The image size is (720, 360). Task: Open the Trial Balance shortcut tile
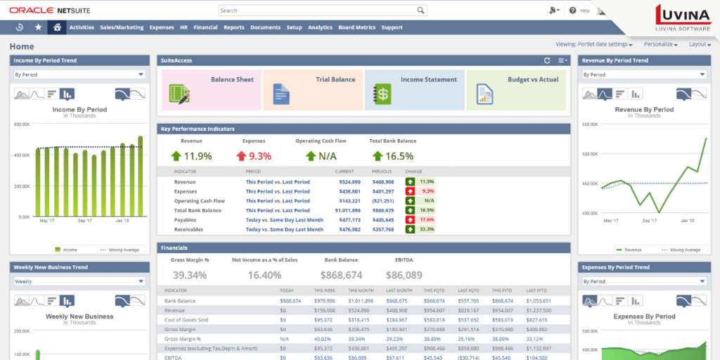(x=313, y=89)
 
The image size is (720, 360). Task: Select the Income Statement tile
(x=414, y=89)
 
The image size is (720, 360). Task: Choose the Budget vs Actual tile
(x=516, y=89)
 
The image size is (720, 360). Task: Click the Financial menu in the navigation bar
(x=205, y=27)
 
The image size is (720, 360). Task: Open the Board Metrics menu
(x=356, y=27)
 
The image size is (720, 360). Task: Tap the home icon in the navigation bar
(x=57, y=27)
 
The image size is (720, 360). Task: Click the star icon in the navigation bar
(x=38, y=27)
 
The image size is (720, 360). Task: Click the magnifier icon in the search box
(x=420, y=11)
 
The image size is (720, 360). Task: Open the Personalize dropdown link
(x=660, y=44)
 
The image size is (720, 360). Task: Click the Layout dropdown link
(x=700, y=44)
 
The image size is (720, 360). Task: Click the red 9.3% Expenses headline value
(x=259, y=156)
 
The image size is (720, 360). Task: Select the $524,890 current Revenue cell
(x=348, y=181)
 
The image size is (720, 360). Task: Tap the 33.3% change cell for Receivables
(x=426, y=229)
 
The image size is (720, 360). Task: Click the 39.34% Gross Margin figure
(x=190, y=276)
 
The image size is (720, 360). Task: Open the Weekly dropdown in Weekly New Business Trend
(x=79, y=281)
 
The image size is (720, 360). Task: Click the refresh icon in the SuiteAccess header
(x=547, y=61)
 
